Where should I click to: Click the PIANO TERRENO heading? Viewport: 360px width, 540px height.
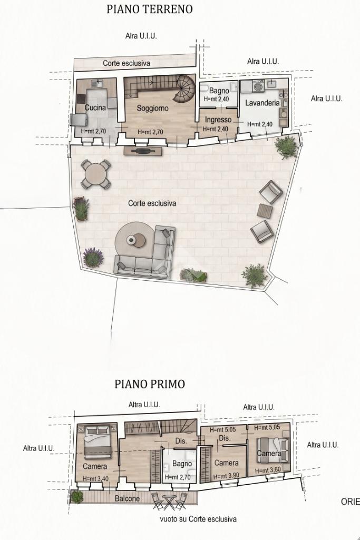(x=150, y=9)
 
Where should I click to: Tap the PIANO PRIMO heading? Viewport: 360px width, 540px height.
(x=150, y=384)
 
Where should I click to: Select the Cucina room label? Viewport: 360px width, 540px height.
(x=95, y=107)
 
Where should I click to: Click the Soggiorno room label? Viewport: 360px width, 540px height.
(x=153, y=108)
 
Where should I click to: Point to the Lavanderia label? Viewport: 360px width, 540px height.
(x=262, y=103)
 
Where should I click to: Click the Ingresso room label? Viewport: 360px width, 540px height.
(x=218, y=120)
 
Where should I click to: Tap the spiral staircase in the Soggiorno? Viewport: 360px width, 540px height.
(x=183, y=89)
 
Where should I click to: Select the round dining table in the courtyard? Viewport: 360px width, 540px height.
(x=96, y=174)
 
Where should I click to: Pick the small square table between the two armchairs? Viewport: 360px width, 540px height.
(x=265, y=211)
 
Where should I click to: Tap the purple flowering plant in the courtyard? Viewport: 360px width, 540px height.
(x=93, y=257)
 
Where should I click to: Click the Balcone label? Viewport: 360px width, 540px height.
(x=128, y=498)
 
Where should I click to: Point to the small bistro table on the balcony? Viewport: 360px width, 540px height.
(x=169, y=501)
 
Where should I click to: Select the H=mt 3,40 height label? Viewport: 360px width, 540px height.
(x=96, y=478)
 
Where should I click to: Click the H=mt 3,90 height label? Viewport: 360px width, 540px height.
(x=226, y=477)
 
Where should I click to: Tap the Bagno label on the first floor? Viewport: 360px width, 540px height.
(x=182, y=464)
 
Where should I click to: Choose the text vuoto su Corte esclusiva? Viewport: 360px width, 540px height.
(x=198, y=519)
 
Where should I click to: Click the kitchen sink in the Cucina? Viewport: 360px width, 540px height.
(x=98, y=83)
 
